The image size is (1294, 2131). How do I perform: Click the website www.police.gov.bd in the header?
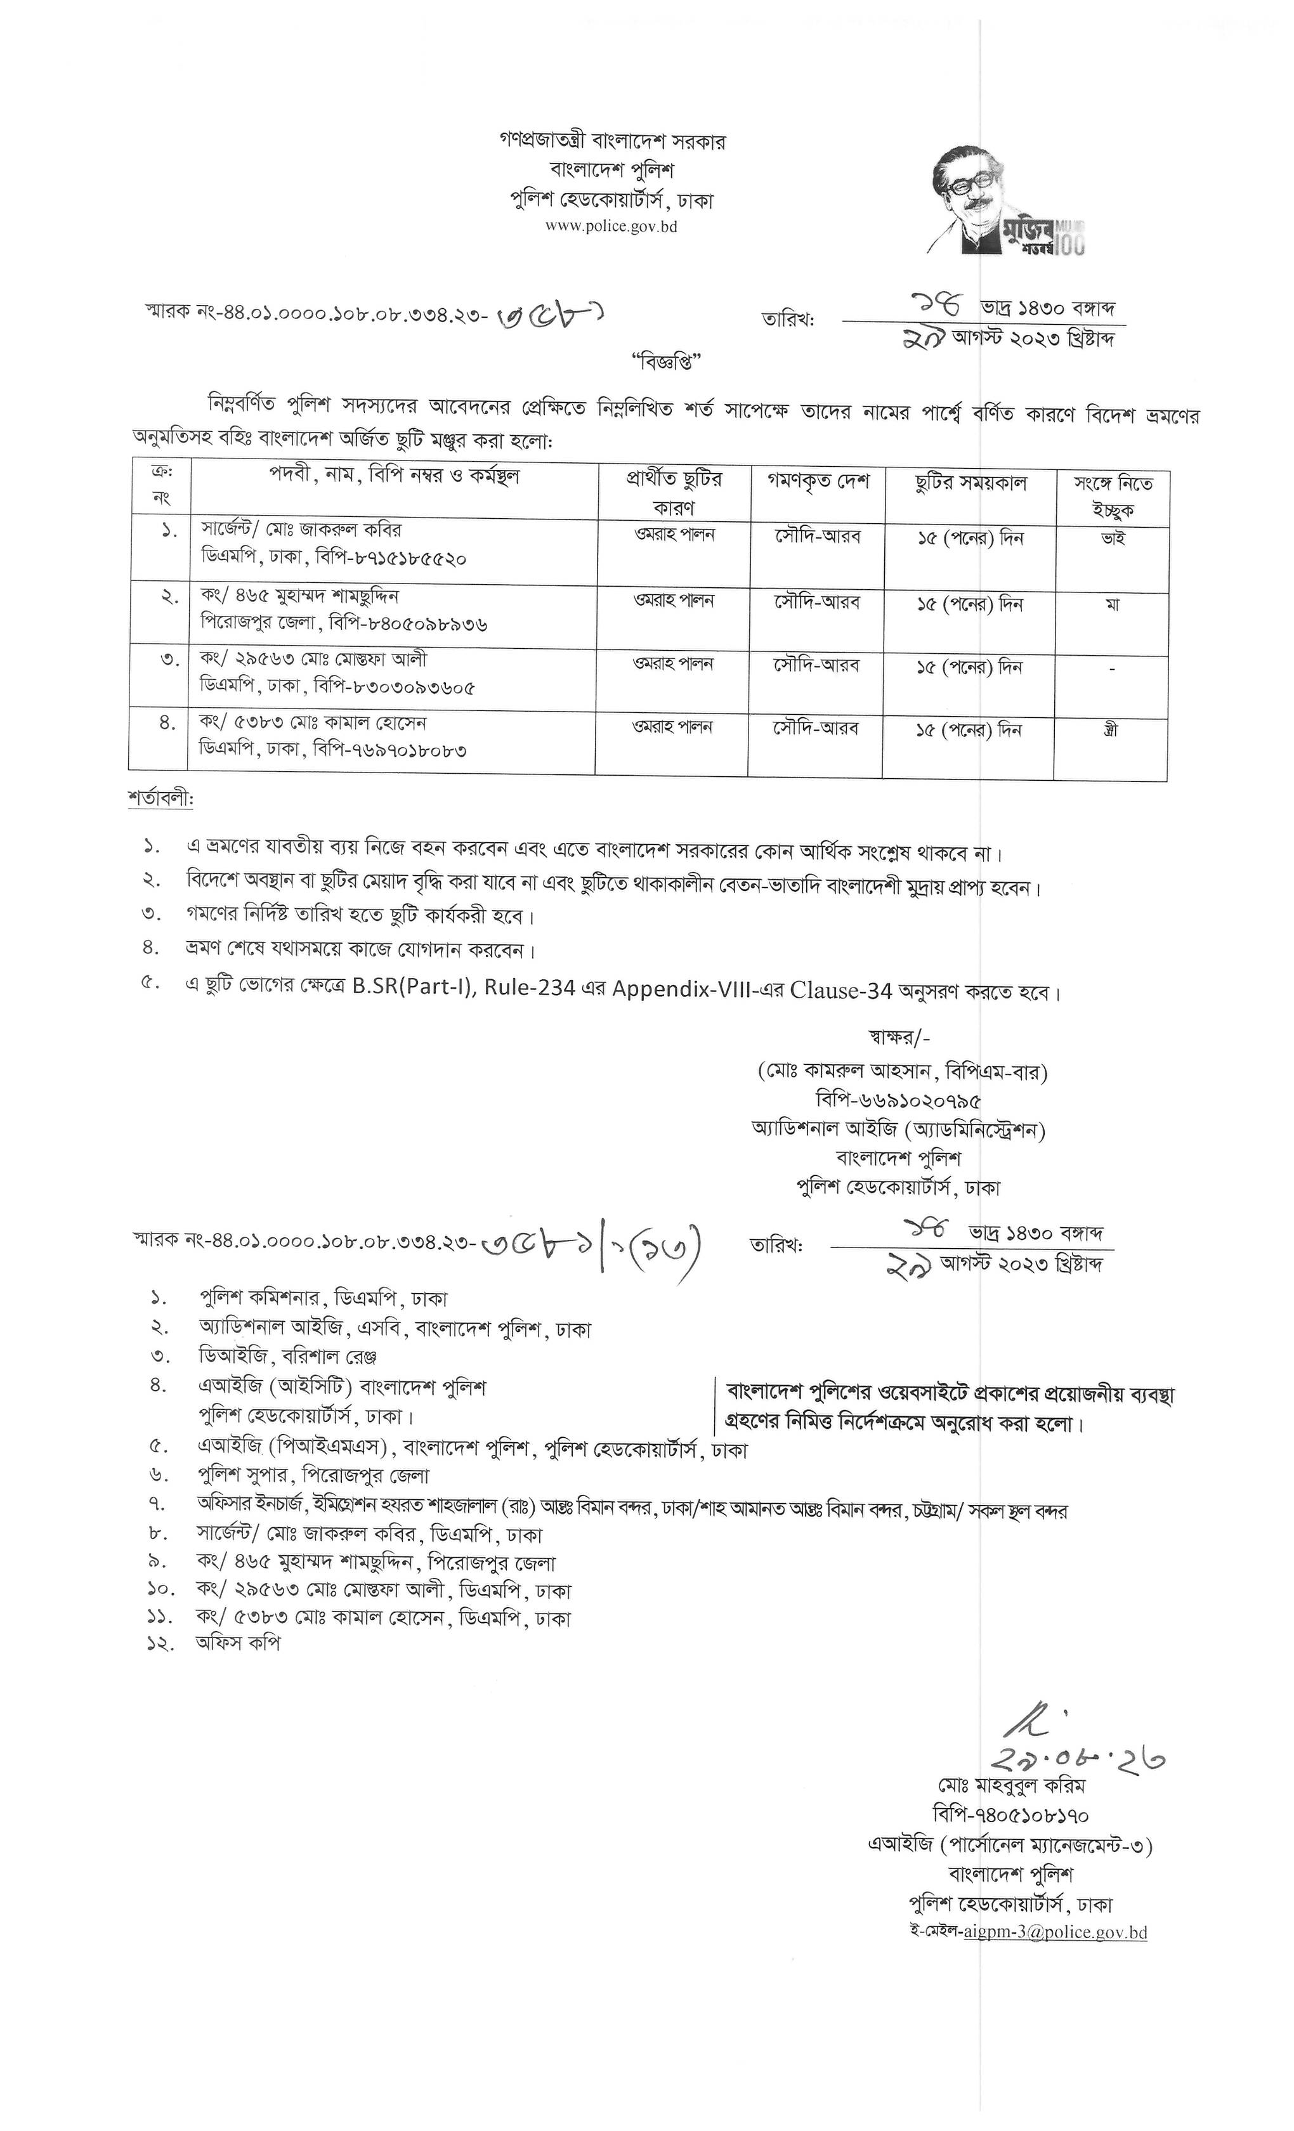611,226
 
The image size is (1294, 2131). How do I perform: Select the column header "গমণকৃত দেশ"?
816,481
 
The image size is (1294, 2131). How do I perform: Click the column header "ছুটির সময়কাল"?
971,483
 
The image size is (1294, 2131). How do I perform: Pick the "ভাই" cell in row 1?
1113,538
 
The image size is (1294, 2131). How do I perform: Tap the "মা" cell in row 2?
1113,604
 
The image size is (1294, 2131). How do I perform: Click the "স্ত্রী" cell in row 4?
1111,730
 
